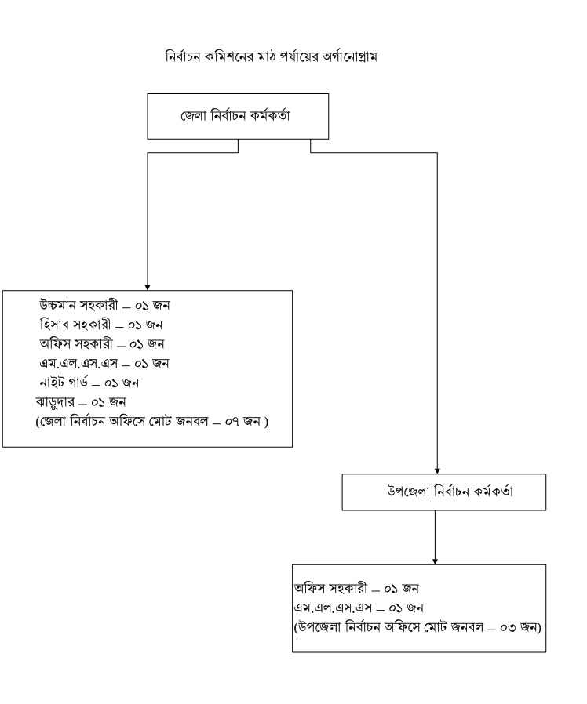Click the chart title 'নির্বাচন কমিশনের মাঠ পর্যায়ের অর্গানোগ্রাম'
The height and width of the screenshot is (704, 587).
[272, 57]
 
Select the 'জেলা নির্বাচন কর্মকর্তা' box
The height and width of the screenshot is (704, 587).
[237, 116]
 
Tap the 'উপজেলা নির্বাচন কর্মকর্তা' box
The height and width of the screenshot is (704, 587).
[443, 492]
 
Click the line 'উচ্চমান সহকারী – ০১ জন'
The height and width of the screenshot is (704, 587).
[104, 306]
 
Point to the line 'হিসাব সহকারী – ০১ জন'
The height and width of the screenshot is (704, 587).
[101, 325]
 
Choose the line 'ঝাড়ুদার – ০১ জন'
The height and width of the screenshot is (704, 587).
[81, 402]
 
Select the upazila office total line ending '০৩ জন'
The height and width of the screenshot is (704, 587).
[418, 626]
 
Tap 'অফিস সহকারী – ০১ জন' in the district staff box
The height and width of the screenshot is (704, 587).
[101, 344]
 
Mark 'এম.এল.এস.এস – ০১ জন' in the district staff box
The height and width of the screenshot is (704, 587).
[104, 364]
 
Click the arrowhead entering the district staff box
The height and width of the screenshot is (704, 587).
[147, 286]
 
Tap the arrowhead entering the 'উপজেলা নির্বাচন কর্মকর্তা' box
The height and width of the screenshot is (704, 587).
[437, 470]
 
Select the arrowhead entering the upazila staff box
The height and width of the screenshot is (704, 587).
[435, 560]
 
